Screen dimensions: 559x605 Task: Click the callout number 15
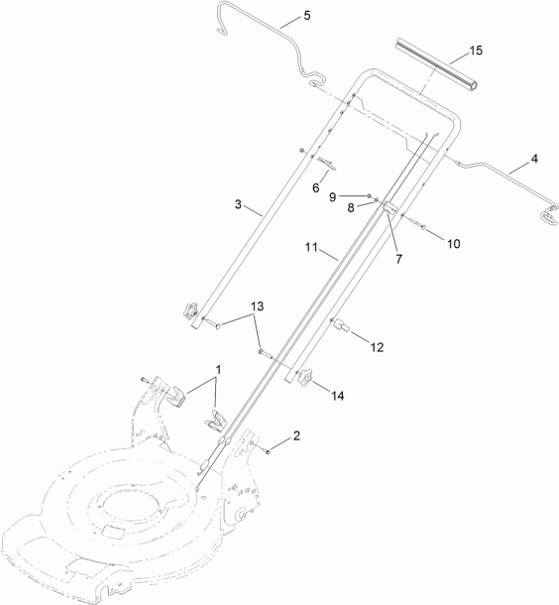tap(476, 51)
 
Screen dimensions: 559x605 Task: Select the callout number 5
tap(307, 16)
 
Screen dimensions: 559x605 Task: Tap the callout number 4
tap(534, 159)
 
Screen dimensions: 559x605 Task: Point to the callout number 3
tap(238, 204)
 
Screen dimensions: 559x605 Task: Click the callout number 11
tap(311, 247)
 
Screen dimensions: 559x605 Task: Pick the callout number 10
tap(454, 244)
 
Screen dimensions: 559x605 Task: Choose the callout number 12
tap(377, 347)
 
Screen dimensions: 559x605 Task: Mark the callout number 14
tap(338, 396)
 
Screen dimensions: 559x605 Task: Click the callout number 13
tap(257, 306)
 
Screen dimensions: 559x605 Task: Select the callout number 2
tap(296, 436)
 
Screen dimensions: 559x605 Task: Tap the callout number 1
tap(218, 370)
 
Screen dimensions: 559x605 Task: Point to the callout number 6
tap(316, 187)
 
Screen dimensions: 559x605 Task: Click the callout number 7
tap(398, 259)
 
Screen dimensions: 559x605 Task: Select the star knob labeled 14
tap(304, 376)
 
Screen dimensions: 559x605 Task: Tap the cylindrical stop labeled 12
tap(341, 324)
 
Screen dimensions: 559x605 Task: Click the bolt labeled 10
tap(415, 223)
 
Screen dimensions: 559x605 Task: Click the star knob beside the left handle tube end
tap(190, 311)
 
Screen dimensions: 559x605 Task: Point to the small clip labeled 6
tap(327, 163)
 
